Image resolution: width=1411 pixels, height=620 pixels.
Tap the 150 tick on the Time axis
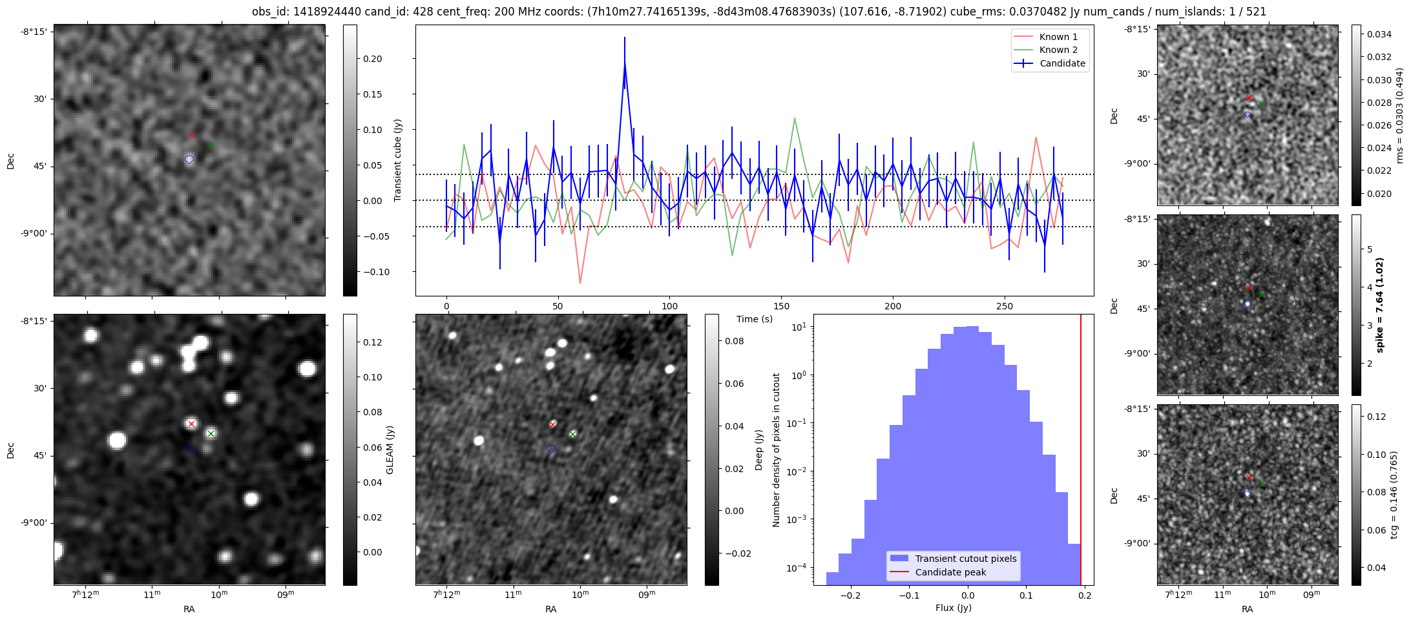(781, 306)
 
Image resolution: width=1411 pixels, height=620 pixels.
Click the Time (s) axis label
(755, 319)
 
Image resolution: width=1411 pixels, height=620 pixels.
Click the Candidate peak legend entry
(950, 572)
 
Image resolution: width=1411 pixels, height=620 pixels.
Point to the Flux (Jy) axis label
(953, 608)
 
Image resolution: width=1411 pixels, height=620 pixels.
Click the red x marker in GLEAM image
(191, 424)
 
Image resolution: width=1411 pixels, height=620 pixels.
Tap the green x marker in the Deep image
(572, 434)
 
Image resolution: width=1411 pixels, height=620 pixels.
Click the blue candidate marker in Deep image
(550, 448)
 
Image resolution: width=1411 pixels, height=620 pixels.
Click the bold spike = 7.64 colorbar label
(1381, 305)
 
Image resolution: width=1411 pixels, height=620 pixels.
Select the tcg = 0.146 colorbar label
(1395, 495)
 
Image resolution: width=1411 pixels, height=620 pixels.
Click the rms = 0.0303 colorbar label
(1400, 116)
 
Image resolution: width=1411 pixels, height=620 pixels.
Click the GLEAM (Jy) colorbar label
(390, 450)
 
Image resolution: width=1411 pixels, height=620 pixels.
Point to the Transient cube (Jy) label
(398, 160)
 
